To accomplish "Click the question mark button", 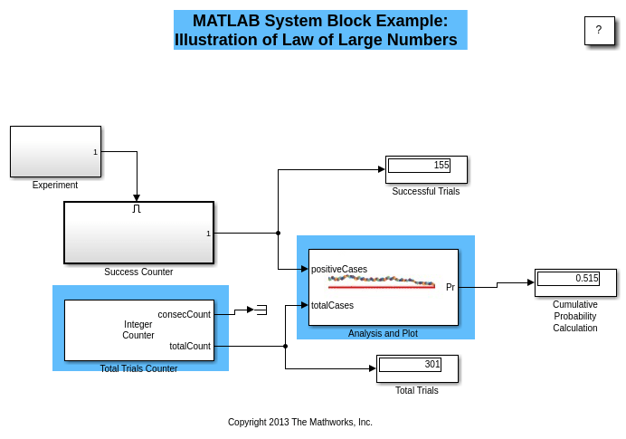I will tap(598, 30).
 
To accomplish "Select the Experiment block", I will tap(55, 151).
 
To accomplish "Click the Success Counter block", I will tap(138, 233).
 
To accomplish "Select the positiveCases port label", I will tap(339, 269).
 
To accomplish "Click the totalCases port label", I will tap(332, 305).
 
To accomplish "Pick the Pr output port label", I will tap(451, 287).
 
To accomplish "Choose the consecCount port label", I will tap(184, 314).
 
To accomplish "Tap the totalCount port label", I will tap(189, 346).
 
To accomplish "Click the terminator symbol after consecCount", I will tap(261, 310).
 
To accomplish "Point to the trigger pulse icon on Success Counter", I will tap(137, 208).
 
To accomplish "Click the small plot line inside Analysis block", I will tap(381, 282).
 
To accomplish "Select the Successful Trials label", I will tap(425, 191).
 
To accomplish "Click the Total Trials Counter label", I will tap(138, 368).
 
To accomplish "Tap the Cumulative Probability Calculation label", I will tap(575, 316).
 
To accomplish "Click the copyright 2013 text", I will tap(299, 422).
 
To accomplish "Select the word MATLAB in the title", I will tap(228, 21).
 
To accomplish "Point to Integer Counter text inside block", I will tap(138, 329).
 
